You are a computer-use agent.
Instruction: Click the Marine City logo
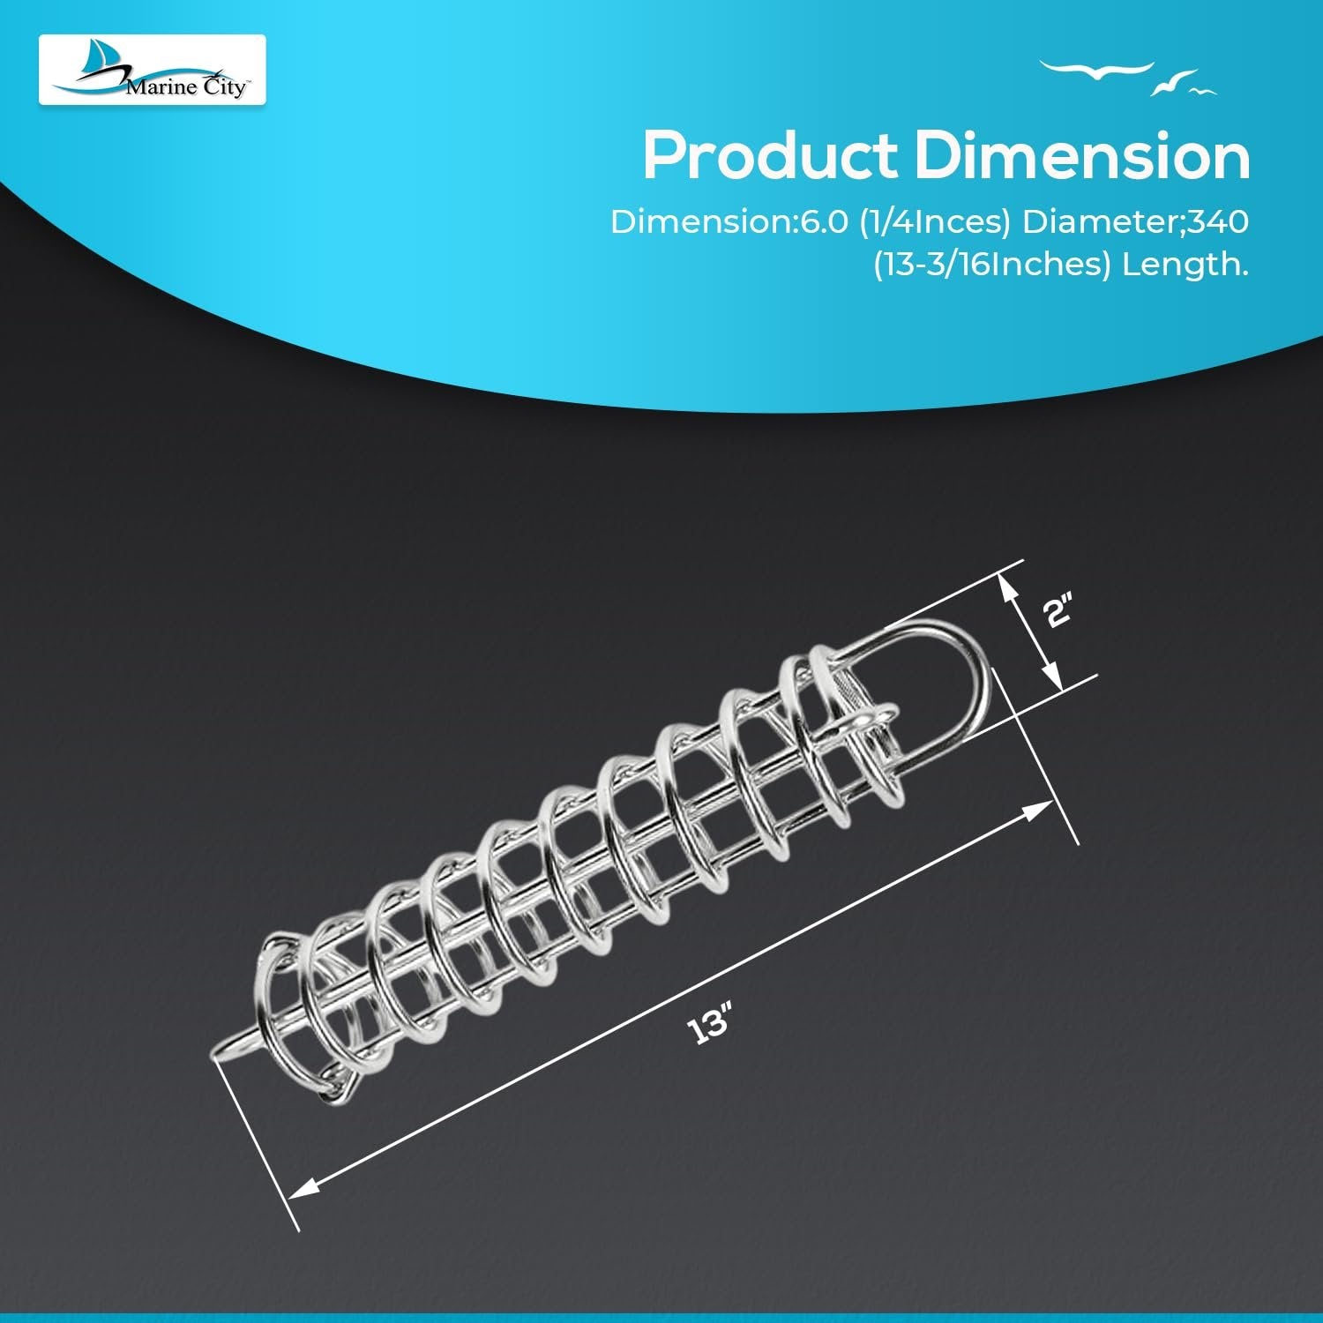coord(152,70)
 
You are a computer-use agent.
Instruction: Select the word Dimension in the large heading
coord(1082,155)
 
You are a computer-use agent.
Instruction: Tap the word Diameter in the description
coord(1101,222)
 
